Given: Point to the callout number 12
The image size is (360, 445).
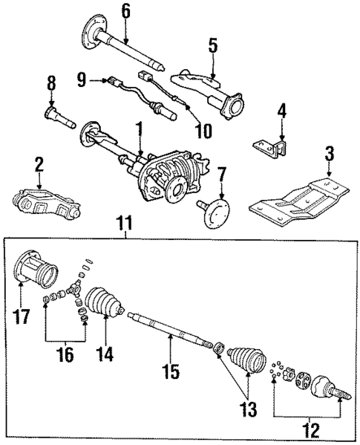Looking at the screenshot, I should (x=310, y=429).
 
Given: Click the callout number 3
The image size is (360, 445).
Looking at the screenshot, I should (x=329, y=156).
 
